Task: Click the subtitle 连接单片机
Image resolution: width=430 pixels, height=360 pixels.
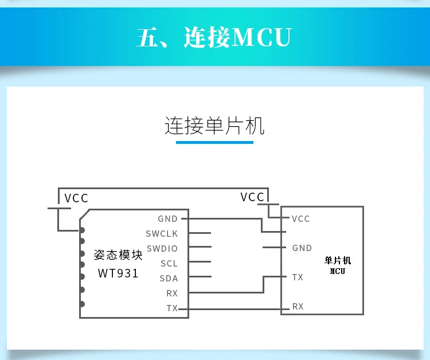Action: click(214, 126)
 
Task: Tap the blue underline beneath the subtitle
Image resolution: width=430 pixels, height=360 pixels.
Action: click(214, 142)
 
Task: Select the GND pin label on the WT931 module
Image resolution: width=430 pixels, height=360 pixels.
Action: click(168, 219)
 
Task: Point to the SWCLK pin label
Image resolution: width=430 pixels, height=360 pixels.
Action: click(162, 234)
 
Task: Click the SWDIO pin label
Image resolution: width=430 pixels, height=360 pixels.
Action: click(162, 249)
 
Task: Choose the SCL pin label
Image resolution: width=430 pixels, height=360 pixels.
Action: click(169, 264)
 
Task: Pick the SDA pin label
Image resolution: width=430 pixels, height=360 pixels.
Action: click(169, 279)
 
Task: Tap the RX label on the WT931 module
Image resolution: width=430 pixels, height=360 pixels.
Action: click(172, 294)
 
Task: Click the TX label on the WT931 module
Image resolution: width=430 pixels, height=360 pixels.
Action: click(172, 308)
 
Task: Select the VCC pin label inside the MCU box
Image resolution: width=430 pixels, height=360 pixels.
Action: click(300, 219)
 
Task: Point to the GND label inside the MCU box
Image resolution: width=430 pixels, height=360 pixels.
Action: click(302, 248)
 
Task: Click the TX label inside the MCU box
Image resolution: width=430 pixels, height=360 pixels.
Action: click(298, 277)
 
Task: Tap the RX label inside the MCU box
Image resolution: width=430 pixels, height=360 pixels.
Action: click(298, 307)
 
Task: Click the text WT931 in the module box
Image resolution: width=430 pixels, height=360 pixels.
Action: click(118, 273)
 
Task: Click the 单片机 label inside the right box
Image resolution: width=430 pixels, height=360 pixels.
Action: click(338, 260)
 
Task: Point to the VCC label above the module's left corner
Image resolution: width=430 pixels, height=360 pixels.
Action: click(76, 198)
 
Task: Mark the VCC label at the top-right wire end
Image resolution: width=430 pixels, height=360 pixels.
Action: click(252, 197)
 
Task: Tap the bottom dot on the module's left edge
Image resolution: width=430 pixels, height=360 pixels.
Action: click(83, 304)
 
